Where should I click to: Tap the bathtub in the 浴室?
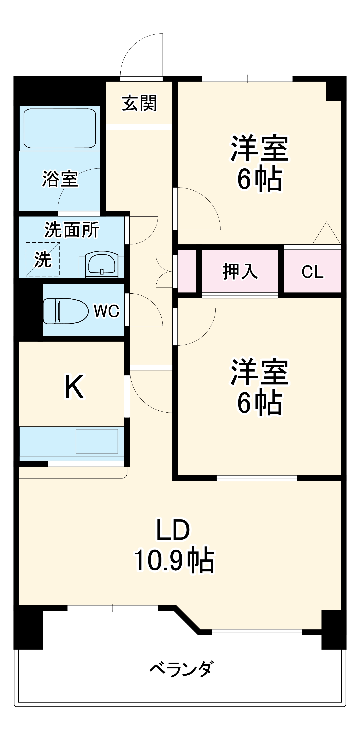[60, 128]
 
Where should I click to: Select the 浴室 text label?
[60, 179]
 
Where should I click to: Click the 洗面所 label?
[72, 230]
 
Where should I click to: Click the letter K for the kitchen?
[74, 387]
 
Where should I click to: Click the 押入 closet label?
[240, 271]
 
